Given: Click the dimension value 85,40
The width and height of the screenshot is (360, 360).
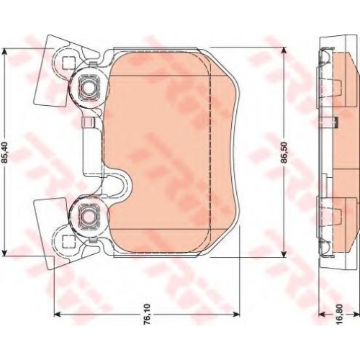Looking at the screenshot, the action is pyautogui.click(x=5, y=152).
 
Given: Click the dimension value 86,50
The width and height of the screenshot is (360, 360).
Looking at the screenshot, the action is pyautogui.click(x=284, y=152).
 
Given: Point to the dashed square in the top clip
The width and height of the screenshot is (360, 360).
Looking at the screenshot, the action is pyautogui.click(x=67, y=63).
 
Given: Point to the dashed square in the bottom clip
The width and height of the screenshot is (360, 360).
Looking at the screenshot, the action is pyautogui.click(x=67, y=241).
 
